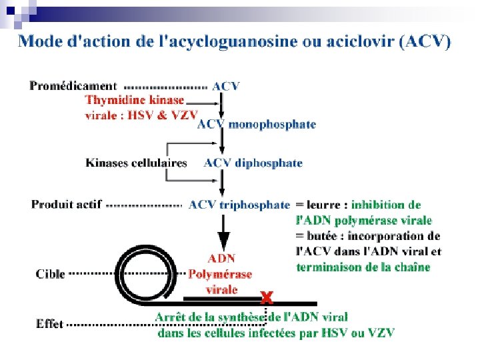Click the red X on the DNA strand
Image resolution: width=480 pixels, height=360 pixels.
tap(267, 294)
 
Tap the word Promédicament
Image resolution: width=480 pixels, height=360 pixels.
tap(73, 86)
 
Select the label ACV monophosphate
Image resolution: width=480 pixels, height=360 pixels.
tap(256, 125)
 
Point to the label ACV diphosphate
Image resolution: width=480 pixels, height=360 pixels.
tap(253, 163)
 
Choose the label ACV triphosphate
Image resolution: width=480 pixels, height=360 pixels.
tap(239, 205)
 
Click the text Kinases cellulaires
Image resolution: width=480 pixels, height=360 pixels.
tap(136, 163)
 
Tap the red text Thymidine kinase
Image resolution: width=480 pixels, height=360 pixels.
tap(134, 100)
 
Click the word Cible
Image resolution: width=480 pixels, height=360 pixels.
tap(50, 274)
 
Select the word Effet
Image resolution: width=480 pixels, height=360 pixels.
tap(49, 325)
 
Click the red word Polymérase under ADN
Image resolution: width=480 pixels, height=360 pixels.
tap(220, 274)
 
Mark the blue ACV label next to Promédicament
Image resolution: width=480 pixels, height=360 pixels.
tap(226, 86)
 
